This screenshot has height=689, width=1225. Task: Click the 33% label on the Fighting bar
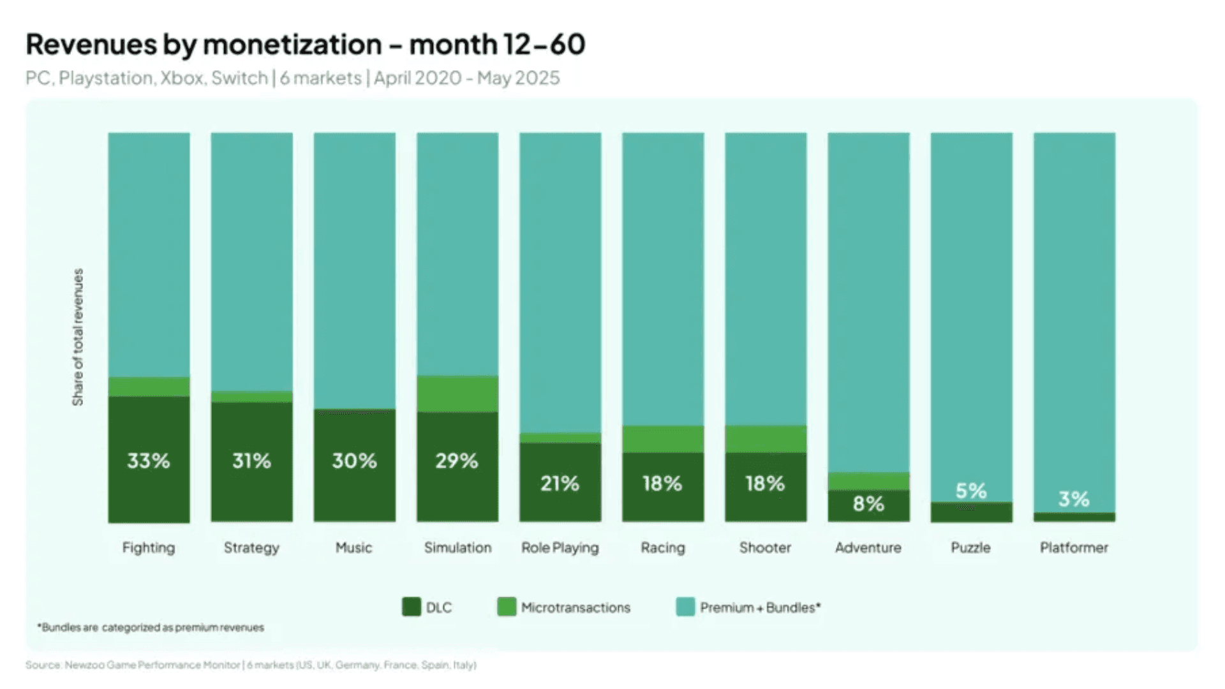[x=148, y=461]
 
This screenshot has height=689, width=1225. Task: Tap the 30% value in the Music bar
[x=354, y=461]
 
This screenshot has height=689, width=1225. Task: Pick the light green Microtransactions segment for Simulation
[x=457, y=394]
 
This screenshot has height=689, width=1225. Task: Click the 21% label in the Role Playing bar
[x=560, y=484]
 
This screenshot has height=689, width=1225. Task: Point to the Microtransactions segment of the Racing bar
[x=663, y=439]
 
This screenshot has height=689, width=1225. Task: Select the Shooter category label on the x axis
[x=765, y=547]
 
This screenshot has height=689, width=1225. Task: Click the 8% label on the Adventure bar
[x=868, y=504]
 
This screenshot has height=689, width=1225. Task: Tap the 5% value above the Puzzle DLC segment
[x=971, y=491]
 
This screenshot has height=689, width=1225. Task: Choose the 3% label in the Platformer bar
[x=1074, y=499]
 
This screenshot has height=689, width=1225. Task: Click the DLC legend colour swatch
[x=412, y=607]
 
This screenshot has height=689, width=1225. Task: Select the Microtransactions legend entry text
[x=575, y=607]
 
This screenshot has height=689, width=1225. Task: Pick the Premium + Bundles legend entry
[x=759, y=607]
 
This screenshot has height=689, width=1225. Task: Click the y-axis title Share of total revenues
[x=78, y=337]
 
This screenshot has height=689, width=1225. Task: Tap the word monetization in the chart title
[x=292, y=45]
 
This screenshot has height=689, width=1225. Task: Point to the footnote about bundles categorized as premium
[x=151, y=628]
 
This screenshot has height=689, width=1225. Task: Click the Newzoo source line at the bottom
[x=251, y=665]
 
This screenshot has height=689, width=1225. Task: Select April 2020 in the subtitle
[x=417, y=78]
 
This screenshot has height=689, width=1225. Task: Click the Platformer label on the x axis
[x=1074, y=547]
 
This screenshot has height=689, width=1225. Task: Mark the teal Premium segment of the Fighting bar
[x=149, y=255]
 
